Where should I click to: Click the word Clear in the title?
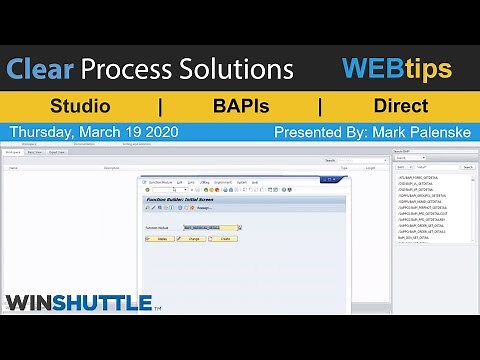tap(39, 68)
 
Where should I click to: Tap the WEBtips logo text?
tap(395, 68)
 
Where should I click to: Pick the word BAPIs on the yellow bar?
tap(239, 106)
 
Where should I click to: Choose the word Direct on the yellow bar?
tap(401, 106)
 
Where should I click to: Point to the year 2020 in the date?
tap(160, 132)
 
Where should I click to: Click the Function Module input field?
tap(209, 228)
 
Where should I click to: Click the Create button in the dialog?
tap(224, 239)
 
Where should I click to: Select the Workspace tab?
tap(14, 152)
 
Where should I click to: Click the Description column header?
tap(112, 168)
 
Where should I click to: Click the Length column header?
tap(370, 168)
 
